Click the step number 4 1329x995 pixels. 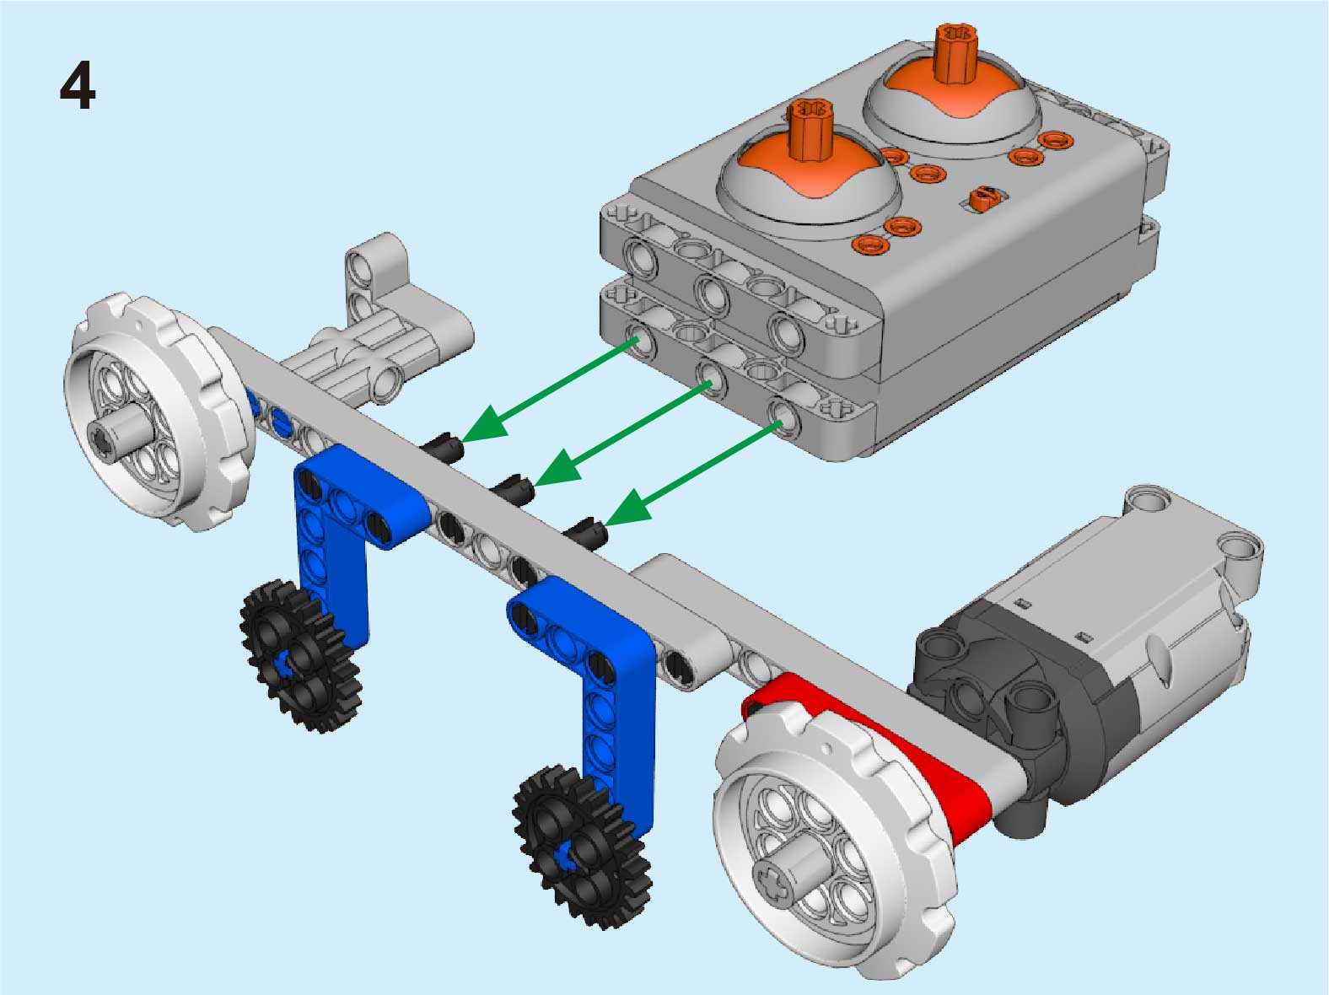coord(78,86)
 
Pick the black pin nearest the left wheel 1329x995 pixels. coord(444,447)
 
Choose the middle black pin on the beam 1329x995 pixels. coord(514,488)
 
